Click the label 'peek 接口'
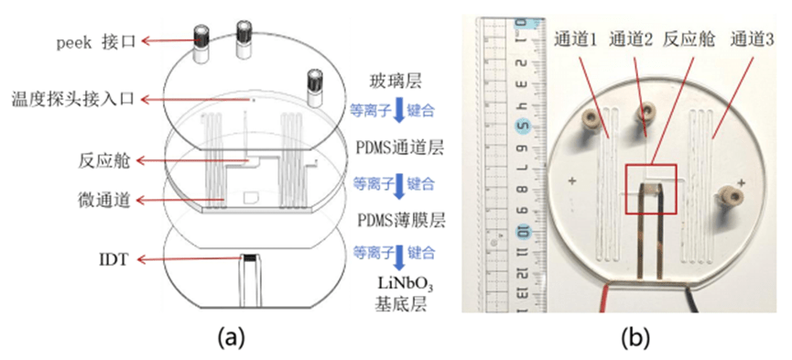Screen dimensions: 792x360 [x=96, y=41]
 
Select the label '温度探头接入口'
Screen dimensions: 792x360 [x=72, y=100]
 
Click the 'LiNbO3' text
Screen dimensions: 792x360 [x=402, y=286]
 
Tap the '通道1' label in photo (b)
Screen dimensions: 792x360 [x=576, y=39]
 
